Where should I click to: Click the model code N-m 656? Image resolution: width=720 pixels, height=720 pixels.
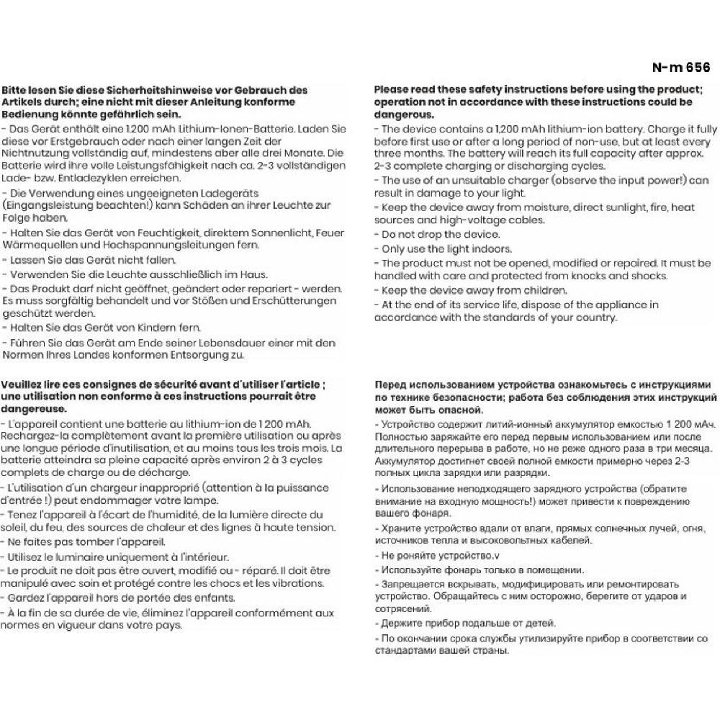(x=680, y=68)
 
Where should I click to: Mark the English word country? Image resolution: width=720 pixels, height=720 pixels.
(x=592, y=318)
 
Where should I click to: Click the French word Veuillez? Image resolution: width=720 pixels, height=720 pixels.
(x=24, y=385)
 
